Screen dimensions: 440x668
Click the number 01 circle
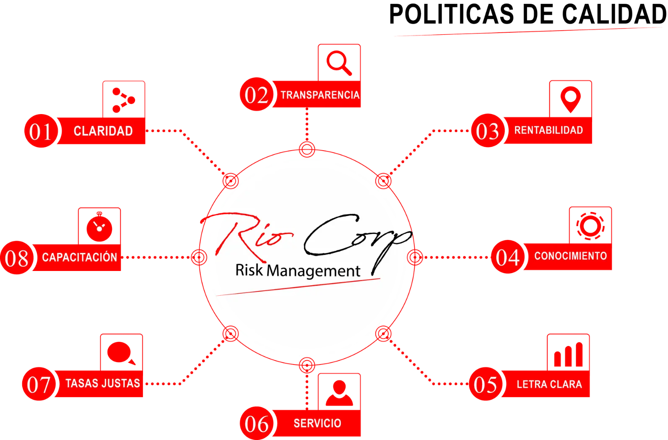(40, 131)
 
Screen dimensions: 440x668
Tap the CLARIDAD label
(103, 131)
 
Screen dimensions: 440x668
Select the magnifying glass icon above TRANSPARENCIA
(339, 62)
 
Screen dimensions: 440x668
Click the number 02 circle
(256, 95)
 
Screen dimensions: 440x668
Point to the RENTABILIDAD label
(548, 130)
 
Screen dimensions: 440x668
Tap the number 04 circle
(507, 257)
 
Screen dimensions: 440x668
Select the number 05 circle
(485, 384)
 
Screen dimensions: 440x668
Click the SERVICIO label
(317, 423)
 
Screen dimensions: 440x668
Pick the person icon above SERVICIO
(339, 393)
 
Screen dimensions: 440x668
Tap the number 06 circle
(256, 423)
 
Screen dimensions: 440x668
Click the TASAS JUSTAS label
(103, 383)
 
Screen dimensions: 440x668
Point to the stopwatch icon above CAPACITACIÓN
(99, 227)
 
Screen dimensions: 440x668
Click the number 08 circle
(17, 258)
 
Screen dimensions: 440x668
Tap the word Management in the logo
(313, 271)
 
